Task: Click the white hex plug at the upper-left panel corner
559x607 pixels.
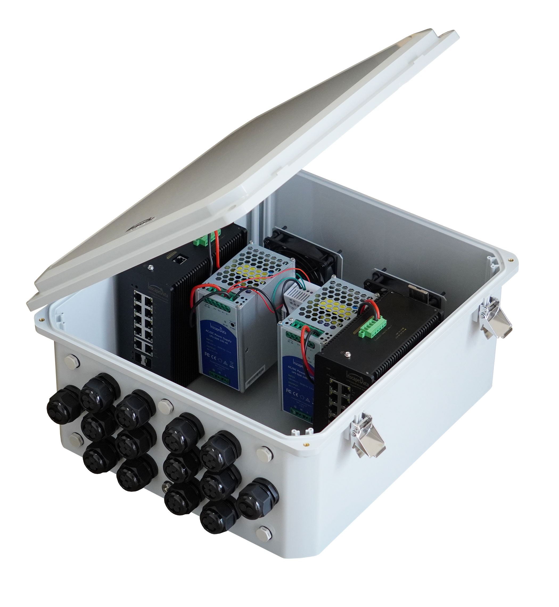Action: tap(72, 361)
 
